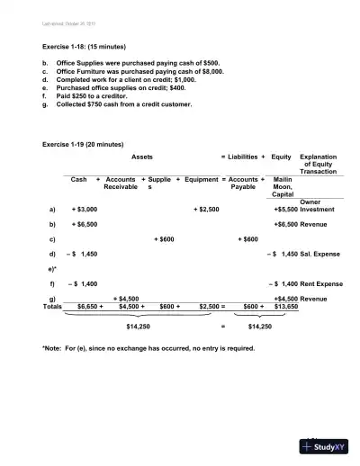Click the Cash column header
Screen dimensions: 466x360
pyautogui.click(x=79, y=180)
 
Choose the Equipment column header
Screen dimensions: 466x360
pyautogui.click(x=201, y=180)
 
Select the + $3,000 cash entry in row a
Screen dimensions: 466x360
pyautogui.click(x=85, y=209)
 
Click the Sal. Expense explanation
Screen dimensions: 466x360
pyautogui.click(x=322, y=255)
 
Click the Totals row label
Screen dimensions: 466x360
pyautogui.click(x=53, y=306)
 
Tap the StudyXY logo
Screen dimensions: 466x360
pyautogui.click(x=326, y=447)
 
